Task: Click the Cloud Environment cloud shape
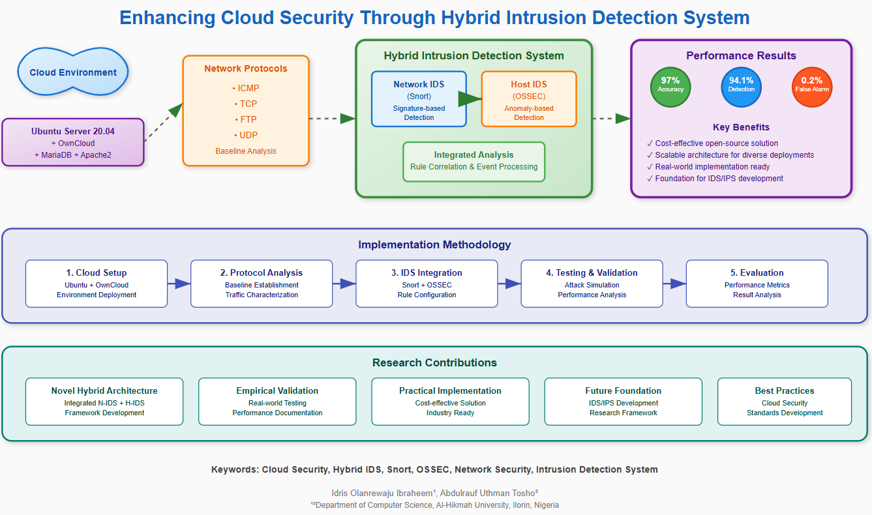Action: (73, 72)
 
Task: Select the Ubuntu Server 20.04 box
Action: (73, 142)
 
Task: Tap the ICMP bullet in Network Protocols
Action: (246, 88)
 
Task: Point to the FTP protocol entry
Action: (246, 119)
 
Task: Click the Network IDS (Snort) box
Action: (419, 98)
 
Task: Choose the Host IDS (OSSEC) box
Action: (529, 98)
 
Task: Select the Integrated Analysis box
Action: (474, 161)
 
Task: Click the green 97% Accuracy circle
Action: (670, 87)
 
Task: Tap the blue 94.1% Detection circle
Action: (741, 87)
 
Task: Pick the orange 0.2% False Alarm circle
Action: (812, 87)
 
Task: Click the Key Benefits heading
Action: (741, 127)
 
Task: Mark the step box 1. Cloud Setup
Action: (97, 284)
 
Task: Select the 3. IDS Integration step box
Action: (427, 284)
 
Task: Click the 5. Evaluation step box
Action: (757, 284)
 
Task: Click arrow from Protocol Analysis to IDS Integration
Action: (344, 284)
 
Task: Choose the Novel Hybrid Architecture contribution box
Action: (104, 402)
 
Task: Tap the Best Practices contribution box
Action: (784, 402)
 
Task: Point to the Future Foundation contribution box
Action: (623, 402)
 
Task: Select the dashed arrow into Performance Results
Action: (611, 119)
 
